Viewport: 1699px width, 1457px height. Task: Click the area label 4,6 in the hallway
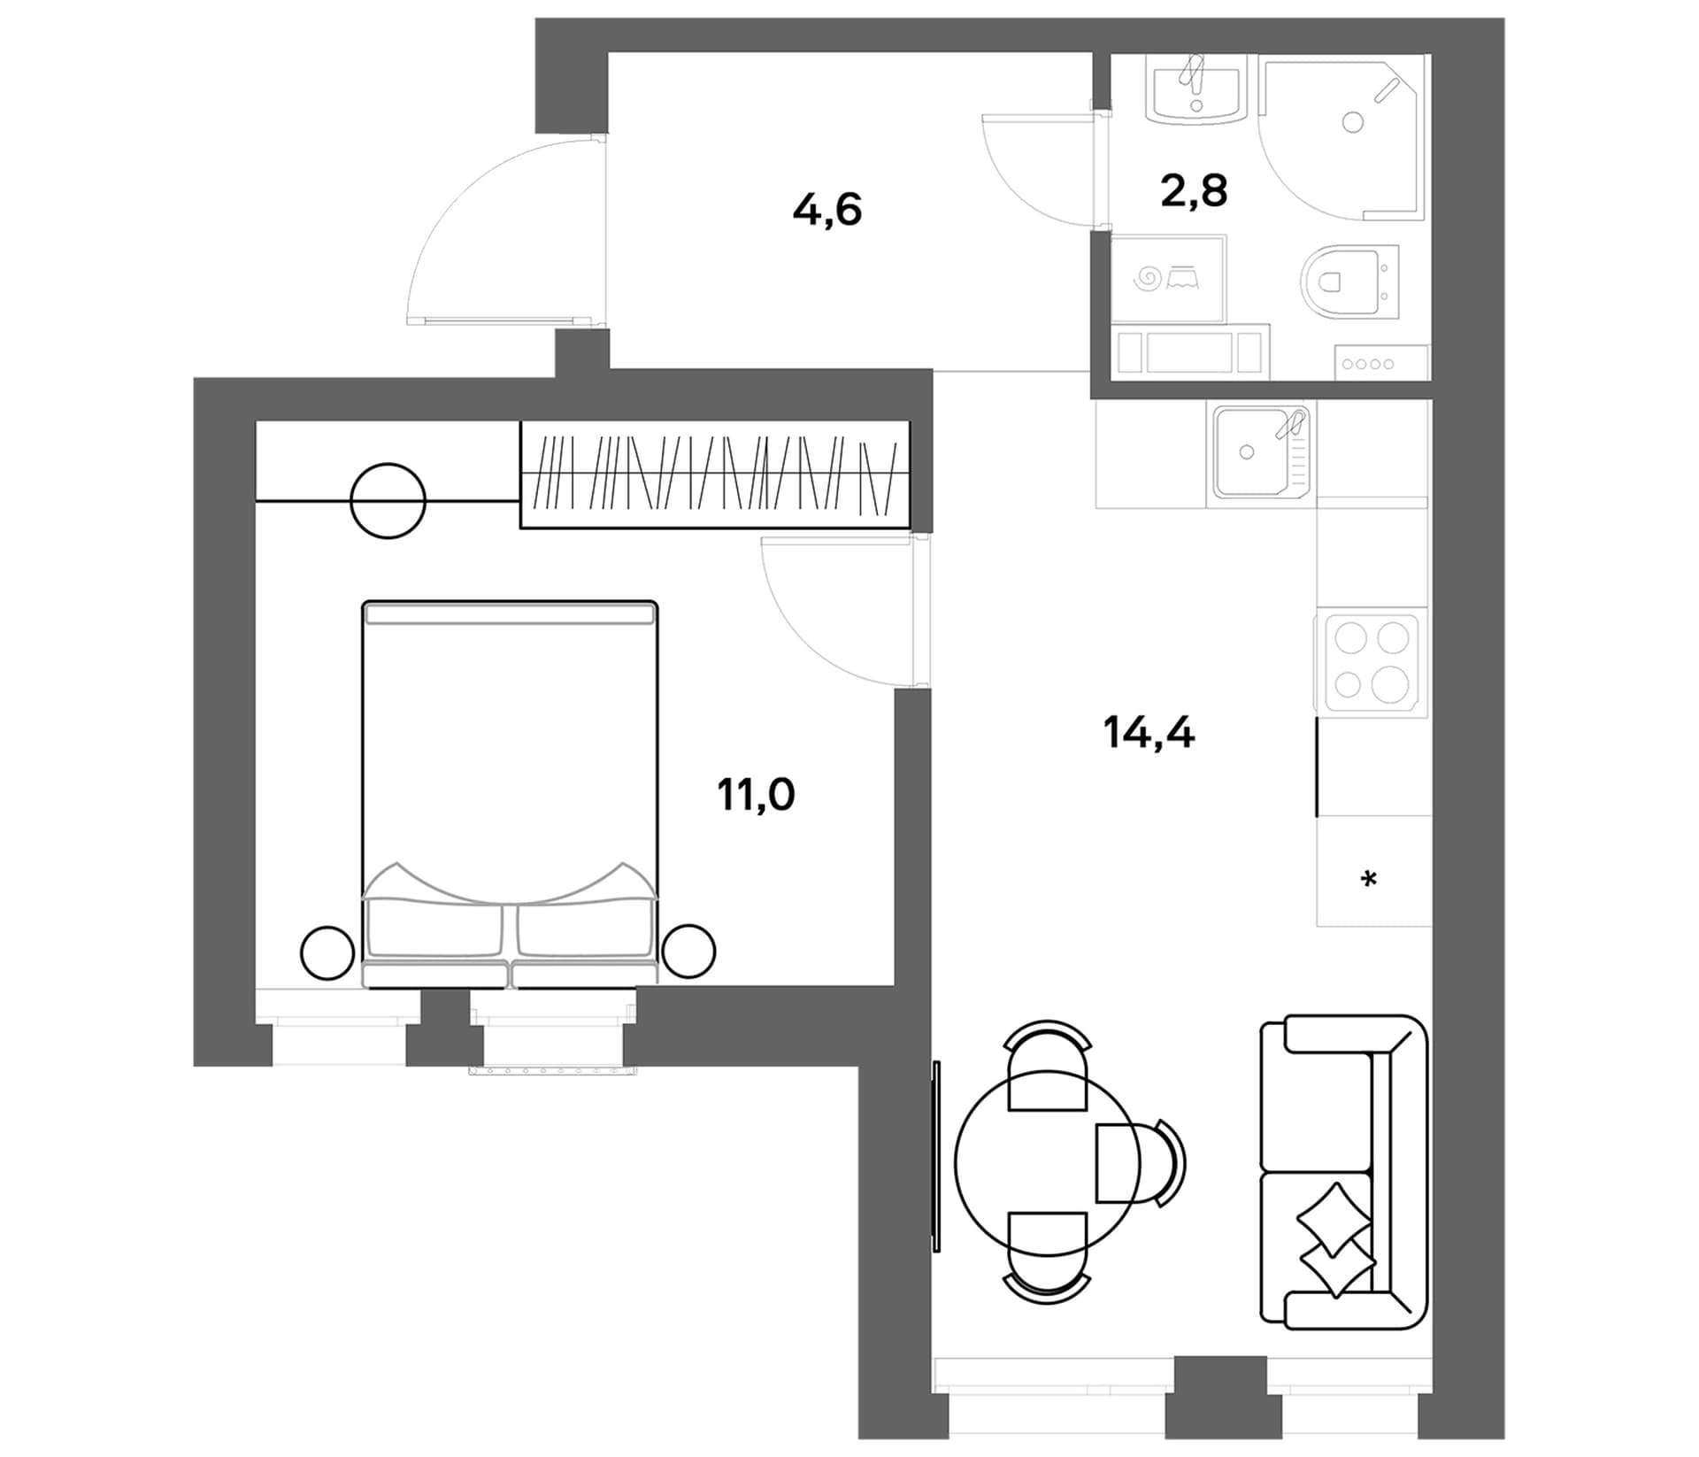(827, 212)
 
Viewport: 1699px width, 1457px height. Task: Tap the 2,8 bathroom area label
(1194, 190)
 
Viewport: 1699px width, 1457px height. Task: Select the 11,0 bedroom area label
(756, 794)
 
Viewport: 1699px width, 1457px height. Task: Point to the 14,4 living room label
(1149, 733)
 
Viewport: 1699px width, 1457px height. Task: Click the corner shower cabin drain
(1352, 122)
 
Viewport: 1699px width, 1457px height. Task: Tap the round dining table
(1048, 1162)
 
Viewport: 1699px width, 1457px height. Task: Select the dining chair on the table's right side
(1141, 1162)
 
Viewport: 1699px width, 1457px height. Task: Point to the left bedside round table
(327, 952)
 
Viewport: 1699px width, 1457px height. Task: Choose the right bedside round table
(688, 952)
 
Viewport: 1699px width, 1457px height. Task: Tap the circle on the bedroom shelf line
(388, 501)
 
